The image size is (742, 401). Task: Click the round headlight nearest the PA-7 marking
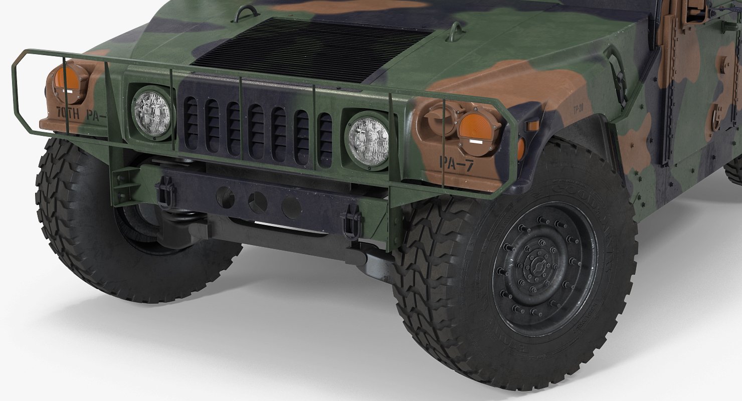[x=368, y=139]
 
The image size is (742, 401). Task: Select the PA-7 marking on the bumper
[x=456, y=163]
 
